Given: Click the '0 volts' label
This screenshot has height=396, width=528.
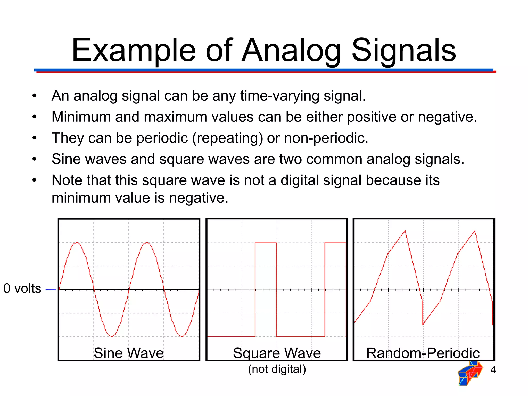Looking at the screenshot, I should [22, 288].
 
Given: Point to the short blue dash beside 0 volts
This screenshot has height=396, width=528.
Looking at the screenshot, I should [51, 290].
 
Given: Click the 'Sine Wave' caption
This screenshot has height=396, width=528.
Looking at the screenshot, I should [129, 353].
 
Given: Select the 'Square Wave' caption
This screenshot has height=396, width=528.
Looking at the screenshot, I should [277, 353].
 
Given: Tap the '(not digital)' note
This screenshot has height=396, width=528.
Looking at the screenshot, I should [277, 369].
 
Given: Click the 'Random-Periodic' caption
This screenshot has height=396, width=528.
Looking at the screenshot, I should [423, 353].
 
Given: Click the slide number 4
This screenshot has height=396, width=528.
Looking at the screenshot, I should [493, 370].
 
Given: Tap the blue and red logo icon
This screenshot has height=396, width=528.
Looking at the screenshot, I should [470, 373].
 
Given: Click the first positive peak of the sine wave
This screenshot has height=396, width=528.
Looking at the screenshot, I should [77, 243].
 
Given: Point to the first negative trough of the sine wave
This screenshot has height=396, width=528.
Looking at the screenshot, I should [112, 336].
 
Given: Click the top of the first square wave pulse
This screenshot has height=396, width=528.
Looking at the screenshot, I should [266, 243].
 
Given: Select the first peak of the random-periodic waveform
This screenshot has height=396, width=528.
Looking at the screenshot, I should [405, 231].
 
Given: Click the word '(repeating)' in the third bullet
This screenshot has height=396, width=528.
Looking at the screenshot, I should [227, 138].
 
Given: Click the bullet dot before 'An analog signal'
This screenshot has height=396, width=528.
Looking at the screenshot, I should [35, 96].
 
